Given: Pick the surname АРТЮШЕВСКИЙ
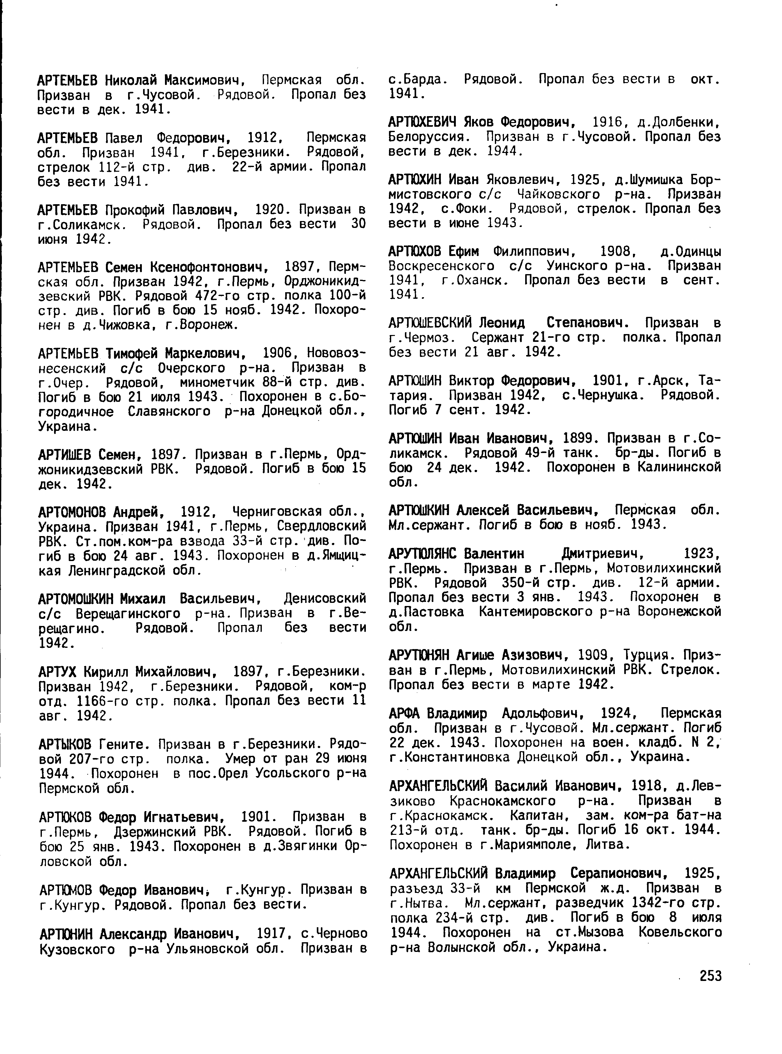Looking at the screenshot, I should coord(430,323).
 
